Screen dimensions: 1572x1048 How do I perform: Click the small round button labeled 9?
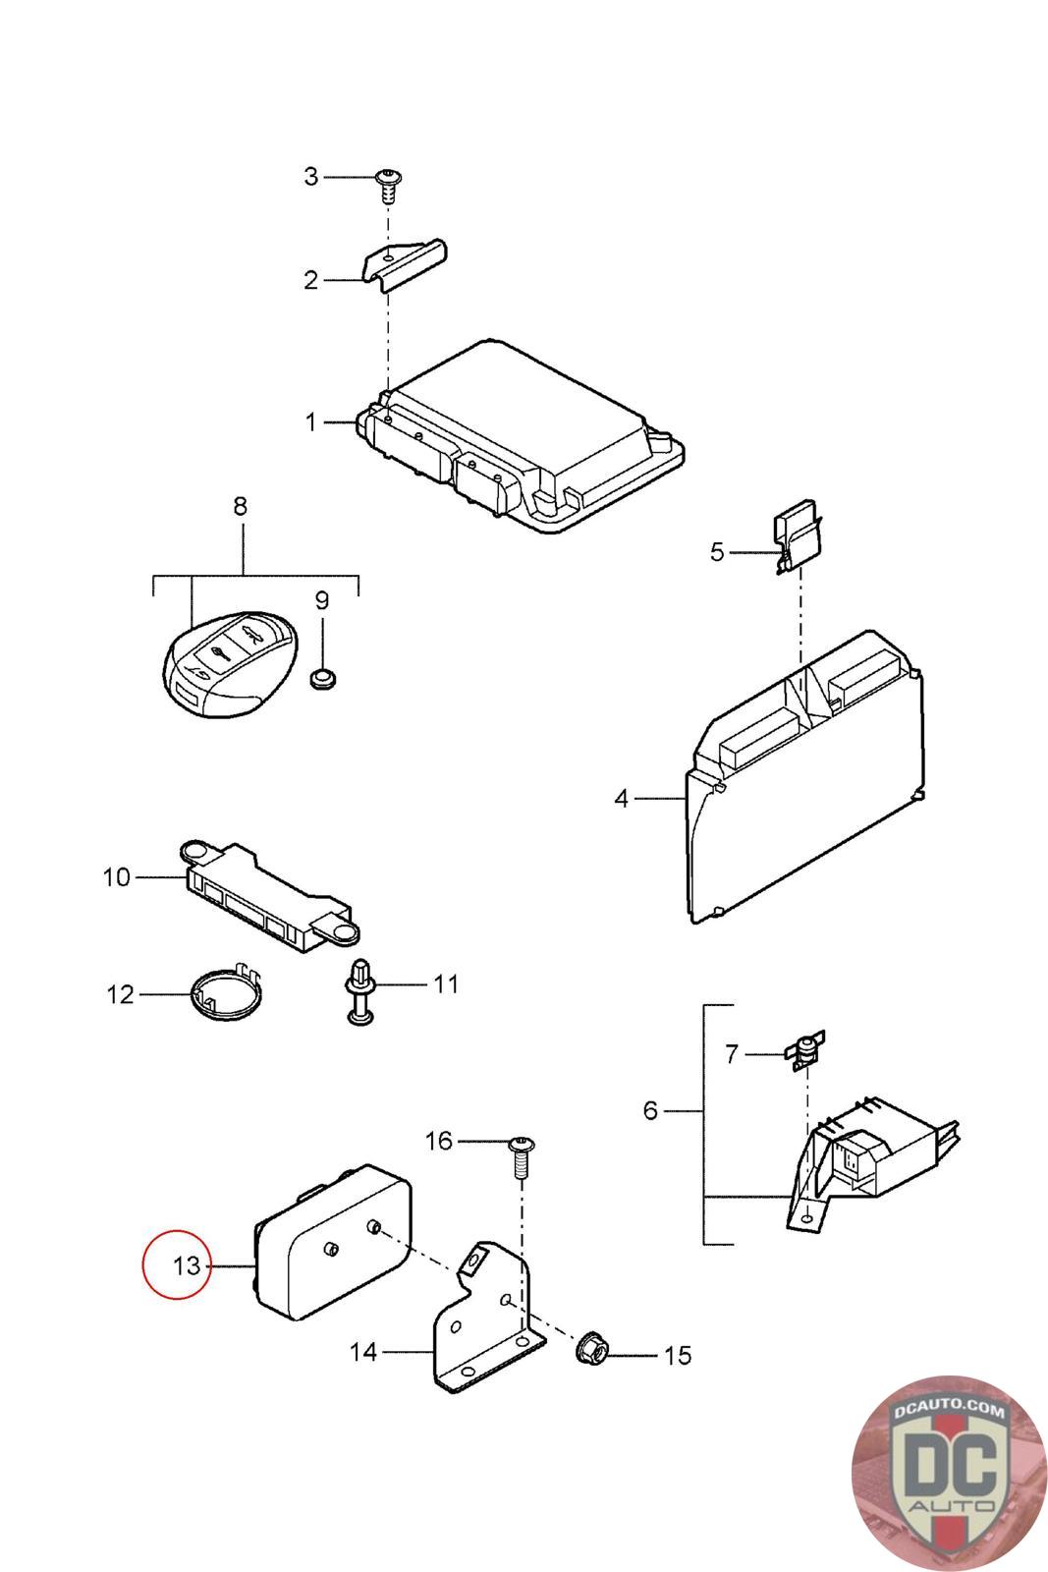click(x=322, y=677)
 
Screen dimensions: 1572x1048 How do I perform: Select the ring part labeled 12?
click(x=225, y=992)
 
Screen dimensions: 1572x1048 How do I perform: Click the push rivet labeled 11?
click(x=360, y=990)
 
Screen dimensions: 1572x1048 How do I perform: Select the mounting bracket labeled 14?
click(x=487, y=1317)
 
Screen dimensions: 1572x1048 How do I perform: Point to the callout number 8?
click(x=240, y=507)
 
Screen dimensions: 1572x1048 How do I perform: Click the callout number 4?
click(x=621, y=799)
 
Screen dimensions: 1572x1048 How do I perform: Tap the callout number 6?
click(x=650, y=1110)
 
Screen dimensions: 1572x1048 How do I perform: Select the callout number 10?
click(x=116, y=876)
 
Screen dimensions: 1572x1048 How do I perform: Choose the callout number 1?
click(x=311, y=422)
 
